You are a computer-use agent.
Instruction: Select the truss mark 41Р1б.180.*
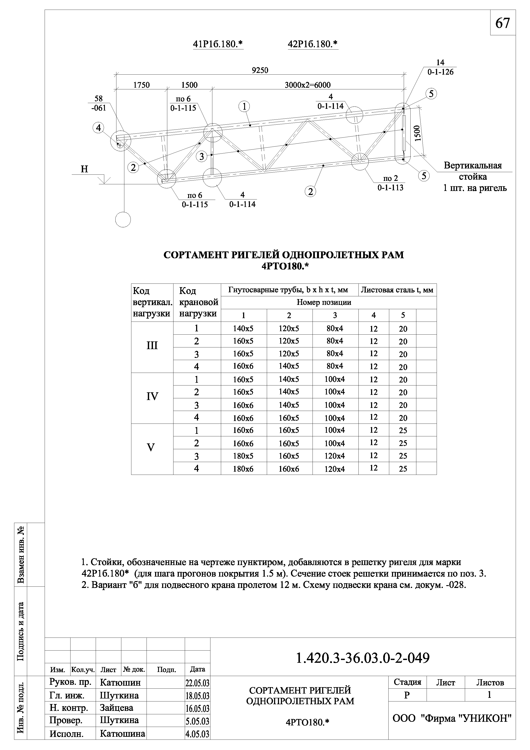(218, 44)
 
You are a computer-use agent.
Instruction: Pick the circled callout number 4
(98, 128)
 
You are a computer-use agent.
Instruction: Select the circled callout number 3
(202, 156)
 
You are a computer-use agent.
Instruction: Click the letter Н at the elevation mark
(84, 169)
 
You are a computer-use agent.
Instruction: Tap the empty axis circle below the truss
(123, 220)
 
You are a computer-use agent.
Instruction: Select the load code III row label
(152, 345)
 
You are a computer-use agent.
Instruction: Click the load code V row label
(151, 447)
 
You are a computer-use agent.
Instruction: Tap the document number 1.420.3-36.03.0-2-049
(363, 658)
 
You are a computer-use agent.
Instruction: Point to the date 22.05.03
(197, 683)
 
